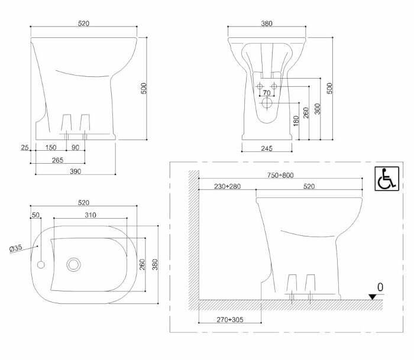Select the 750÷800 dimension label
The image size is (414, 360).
click(x=279, y=175)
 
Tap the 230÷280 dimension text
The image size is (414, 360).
click(x=227, y=187)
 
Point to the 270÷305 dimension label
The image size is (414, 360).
click(x=228, y=320)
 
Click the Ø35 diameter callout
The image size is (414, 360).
click(x=15, y=248)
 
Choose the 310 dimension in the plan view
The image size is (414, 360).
click(x=89, y=215)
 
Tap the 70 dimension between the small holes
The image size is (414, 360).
click(x=266, y=93)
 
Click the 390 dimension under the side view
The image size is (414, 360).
click(x=75, y=171)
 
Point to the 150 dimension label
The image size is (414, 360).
click(x=51, y=147)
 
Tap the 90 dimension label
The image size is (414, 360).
click(x=75, y=147)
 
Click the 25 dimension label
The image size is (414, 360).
click(x=24, y=147)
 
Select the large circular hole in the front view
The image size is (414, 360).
click(x=267, y=104)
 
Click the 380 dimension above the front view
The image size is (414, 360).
click(x=266, y=24)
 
